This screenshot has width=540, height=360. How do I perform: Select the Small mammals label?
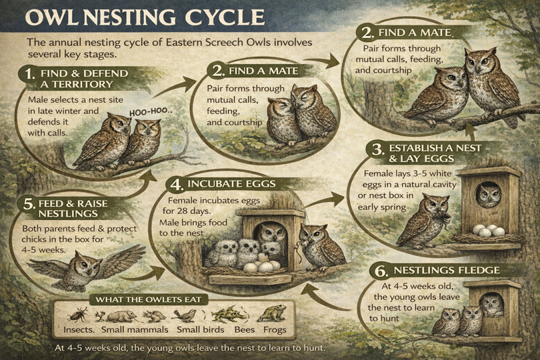pos(137,329)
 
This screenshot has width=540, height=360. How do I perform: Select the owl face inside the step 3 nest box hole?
pos(490,195)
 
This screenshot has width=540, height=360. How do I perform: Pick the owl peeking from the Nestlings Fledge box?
pos(491,304)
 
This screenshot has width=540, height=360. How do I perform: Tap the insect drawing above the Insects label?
pos(77,314)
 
